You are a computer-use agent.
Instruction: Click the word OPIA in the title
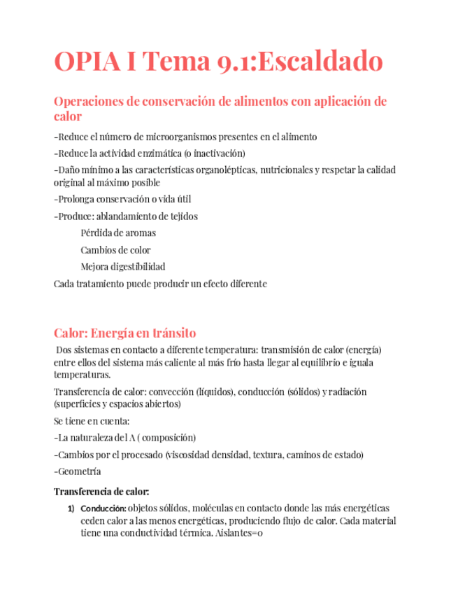click(x=88, y=62)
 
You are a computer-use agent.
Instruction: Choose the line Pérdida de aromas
click(x=118, y=233)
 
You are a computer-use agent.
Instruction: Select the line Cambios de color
click(x=115, y=250)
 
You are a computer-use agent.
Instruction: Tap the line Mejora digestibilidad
click(x=123, y=267)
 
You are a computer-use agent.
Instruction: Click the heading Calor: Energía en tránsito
click(x=125, y=333)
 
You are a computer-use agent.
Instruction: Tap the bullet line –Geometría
click(x=78, y=471)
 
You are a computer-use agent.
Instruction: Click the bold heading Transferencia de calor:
click(x=101, y=491)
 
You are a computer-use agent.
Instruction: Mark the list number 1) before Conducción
click(x=71, y=508)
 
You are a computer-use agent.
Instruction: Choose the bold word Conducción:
click(x=103, y=508)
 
